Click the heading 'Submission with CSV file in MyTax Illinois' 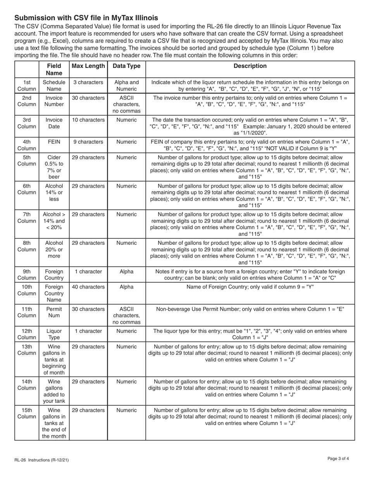point(86,18)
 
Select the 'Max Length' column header point(88,66)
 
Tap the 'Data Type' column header point(126,66)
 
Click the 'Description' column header point(250,66)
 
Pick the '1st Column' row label point(27,86)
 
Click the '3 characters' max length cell point(88,82)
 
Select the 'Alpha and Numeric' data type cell point(126,86)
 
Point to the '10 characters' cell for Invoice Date point(88,120)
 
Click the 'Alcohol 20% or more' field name point(54,250)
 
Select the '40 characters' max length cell point(88,287)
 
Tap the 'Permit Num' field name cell point(54,313)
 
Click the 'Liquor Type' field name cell point(54,334)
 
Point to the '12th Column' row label point(27,334)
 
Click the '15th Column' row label point(27,414)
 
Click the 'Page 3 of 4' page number point(338,459)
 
